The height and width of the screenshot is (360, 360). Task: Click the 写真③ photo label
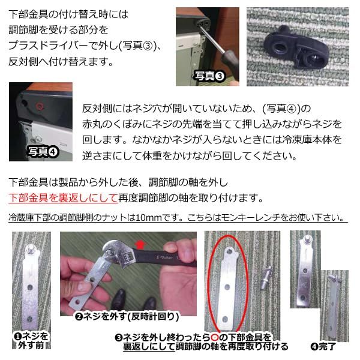(209, 77)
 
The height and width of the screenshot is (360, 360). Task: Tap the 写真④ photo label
(43, 152)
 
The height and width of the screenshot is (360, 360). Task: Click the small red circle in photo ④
(40, 106)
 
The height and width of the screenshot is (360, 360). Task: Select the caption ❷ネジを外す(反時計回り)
(127, 316)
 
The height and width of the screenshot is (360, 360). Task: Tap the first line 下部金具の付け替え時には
(69, 13)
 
